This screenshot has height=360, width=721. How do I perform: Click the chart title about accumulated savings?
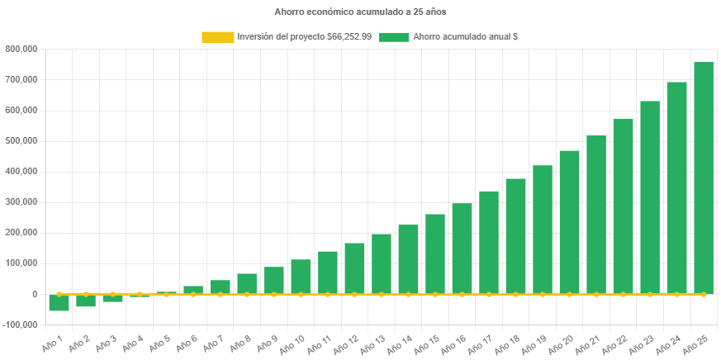(360, 12)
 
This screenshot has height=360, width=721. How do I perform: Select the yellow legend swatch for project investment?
(217, 37)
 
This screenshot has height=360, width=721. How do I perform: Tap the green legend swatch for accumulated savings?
(394, 37)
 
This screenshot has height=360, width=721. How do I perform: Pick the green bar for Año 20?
(569, 222)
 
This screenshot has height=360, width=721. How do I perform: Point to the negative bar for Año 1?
(59, 302)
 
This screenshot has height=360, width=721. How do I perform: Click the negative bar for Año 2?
(86, 301)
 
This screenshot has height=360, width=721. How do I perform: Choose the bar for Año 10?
(301, 277)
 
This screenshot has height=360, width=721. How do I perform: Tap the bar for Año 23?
(650, 197)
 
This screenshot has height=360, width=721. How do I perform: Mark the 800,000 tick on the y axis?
(21, 49)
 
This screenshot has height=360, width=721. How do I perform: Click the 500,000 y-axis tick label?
(21, 140)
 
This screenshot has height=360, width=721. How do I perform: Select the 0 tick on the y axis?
(34, 294)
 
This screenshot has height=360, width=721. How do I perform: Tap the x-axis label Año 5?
(161, 342)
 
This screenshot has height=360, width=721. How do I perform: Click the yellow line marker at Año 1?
(59, 294)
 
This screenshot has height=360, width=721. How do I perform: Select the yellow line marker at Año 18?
(515, 294)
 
